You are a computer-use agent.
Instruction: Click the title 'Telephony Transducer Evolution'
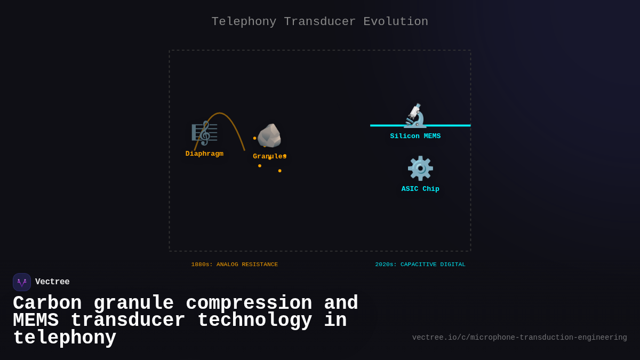319,22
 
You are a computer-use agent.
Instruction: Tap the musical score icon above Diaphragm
204,133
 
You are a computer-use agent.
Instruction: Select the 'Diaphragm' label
204,154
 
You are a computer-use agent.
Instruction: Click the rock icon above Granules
269,135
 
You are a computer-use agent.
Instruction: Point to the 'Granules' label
269,156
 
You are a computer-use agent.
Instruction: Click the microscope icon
415,115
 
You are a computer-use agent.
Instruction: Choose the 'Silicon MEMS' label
415,136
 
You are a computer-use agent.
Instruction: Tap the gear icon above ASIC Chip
420,169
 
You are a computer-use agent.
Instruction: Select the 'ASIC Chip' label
420,189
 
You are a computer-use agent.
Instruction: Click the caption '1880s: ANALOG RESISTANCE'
235,265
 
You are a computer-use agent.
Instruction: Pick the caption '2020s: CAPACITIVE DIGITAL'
420,265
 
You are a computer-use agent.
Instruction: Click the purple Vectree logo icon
22,282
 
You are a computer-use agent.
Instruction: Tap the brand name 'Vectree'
52,282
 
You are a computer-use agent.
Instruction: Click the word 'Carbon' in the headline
47,303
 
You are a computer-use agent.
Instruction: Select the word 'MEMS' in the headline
36,321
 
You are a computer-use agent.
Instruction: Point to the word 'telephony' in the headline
65,338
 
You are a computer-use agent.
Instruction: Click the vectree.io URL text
519,338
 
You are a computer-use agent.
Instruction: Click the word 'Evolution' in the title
396,22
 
